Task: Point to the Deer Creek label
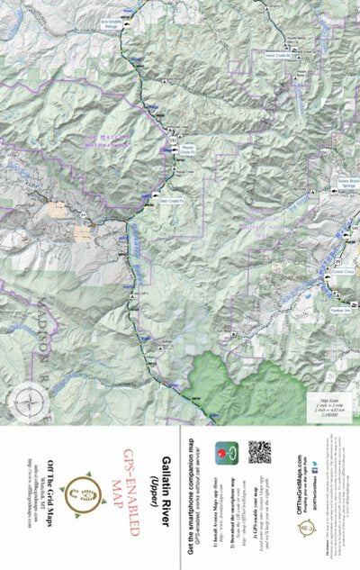coord(171,202)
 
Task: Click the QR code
coord(259,452)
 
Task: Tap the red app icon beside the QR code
coord(226,452)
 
